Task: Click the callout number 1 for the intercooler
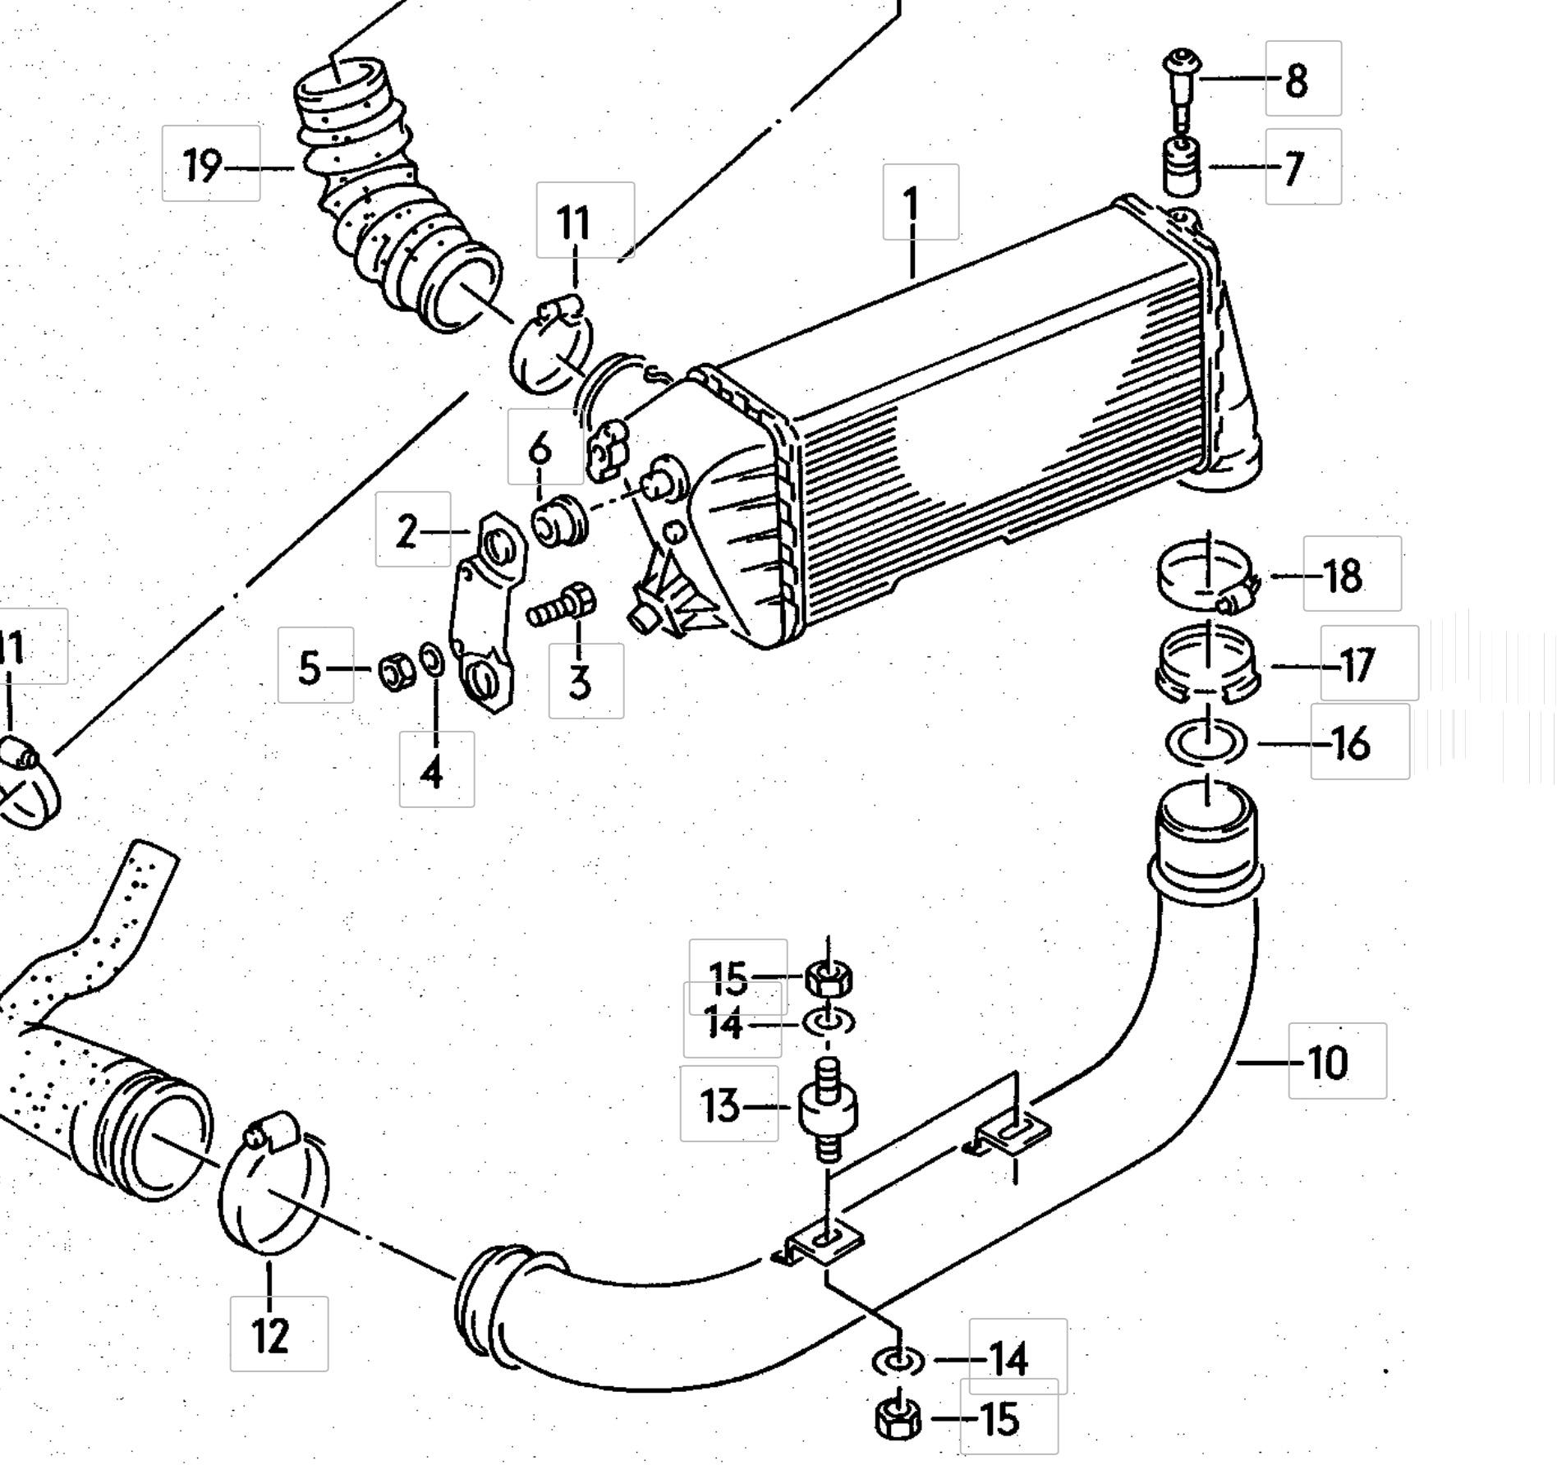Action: point(912,203)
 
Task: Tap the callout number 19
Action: point(201,167)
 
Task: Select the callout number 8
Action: point(1296,80)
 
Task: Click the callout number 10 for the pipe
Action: point(1327,1063)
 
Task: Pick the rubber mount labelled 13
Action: point(828,1108)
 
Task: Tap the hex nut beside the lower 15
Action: point(899,1419)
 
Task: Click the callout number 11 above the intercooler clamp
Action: point(574,223)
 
